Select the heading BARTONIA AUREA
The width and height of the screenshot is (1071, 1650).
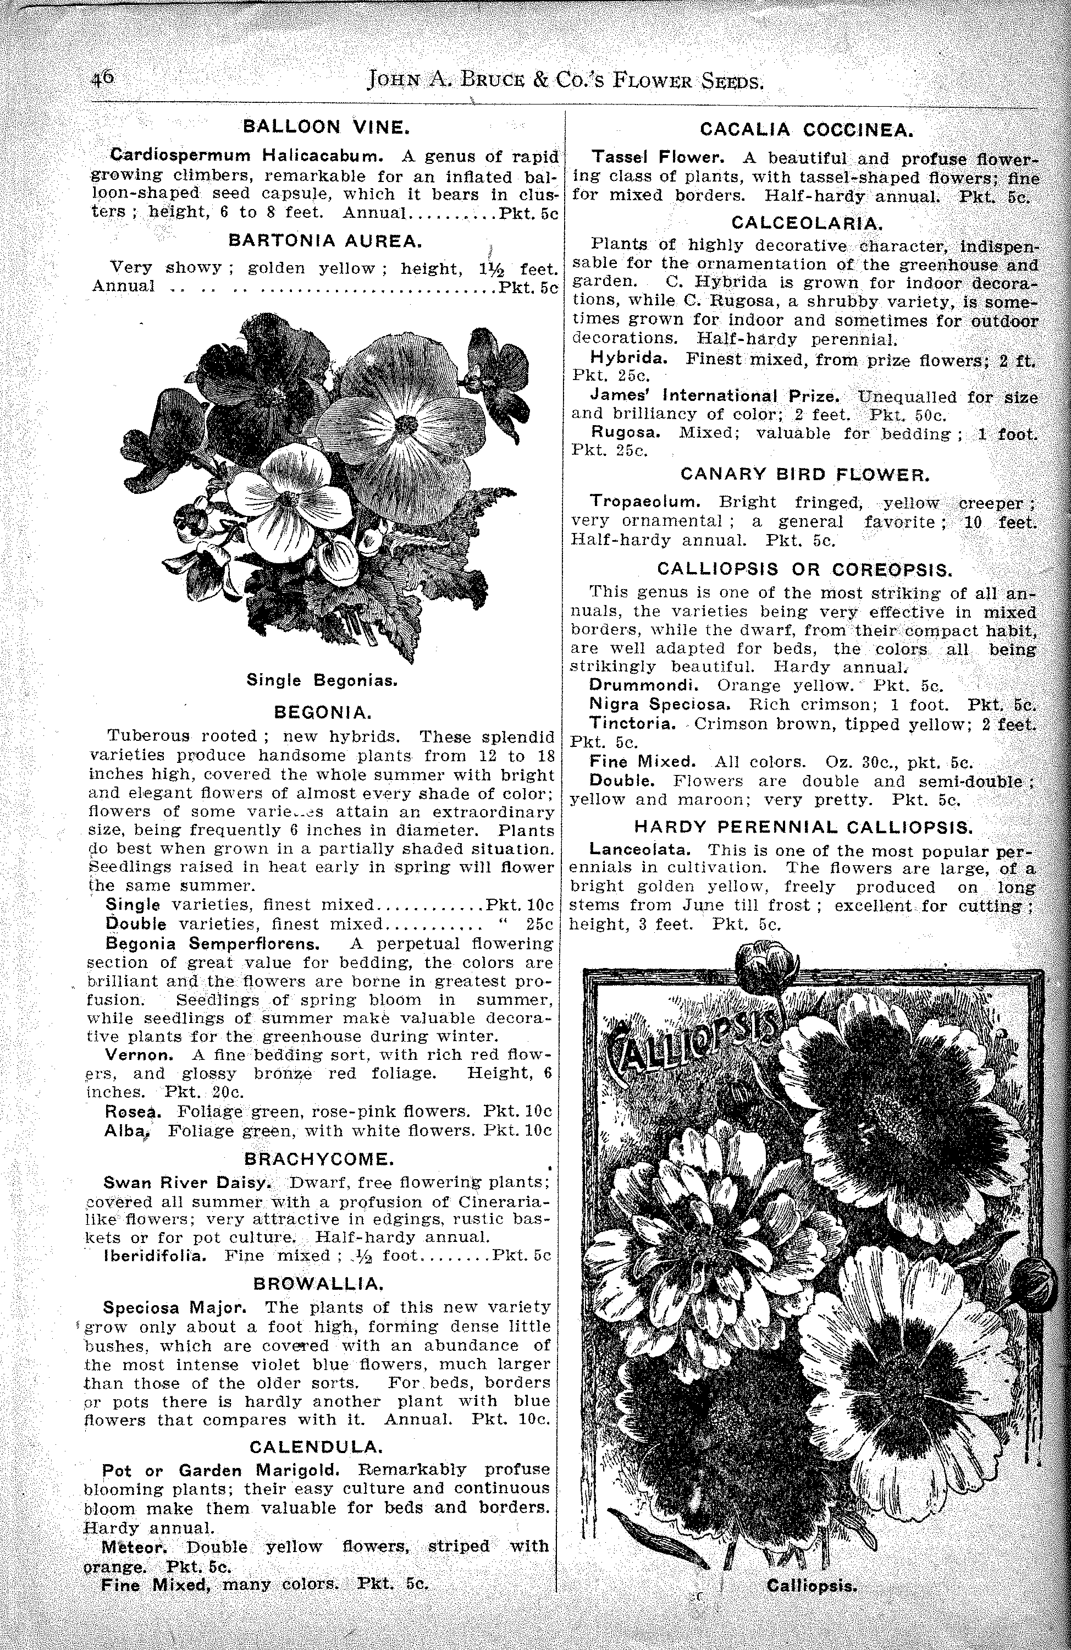324,240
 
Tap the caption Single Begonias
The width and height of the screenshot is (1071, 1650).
322,681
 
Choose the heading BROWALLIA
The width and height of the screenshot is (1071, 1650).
318,1283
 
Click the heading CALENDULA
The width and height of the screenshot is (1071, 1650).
316,1447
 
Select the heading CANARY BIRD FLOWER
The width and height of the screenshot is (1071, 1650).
805,474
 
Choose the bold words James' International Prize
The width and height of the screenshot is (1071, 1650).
715,397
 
